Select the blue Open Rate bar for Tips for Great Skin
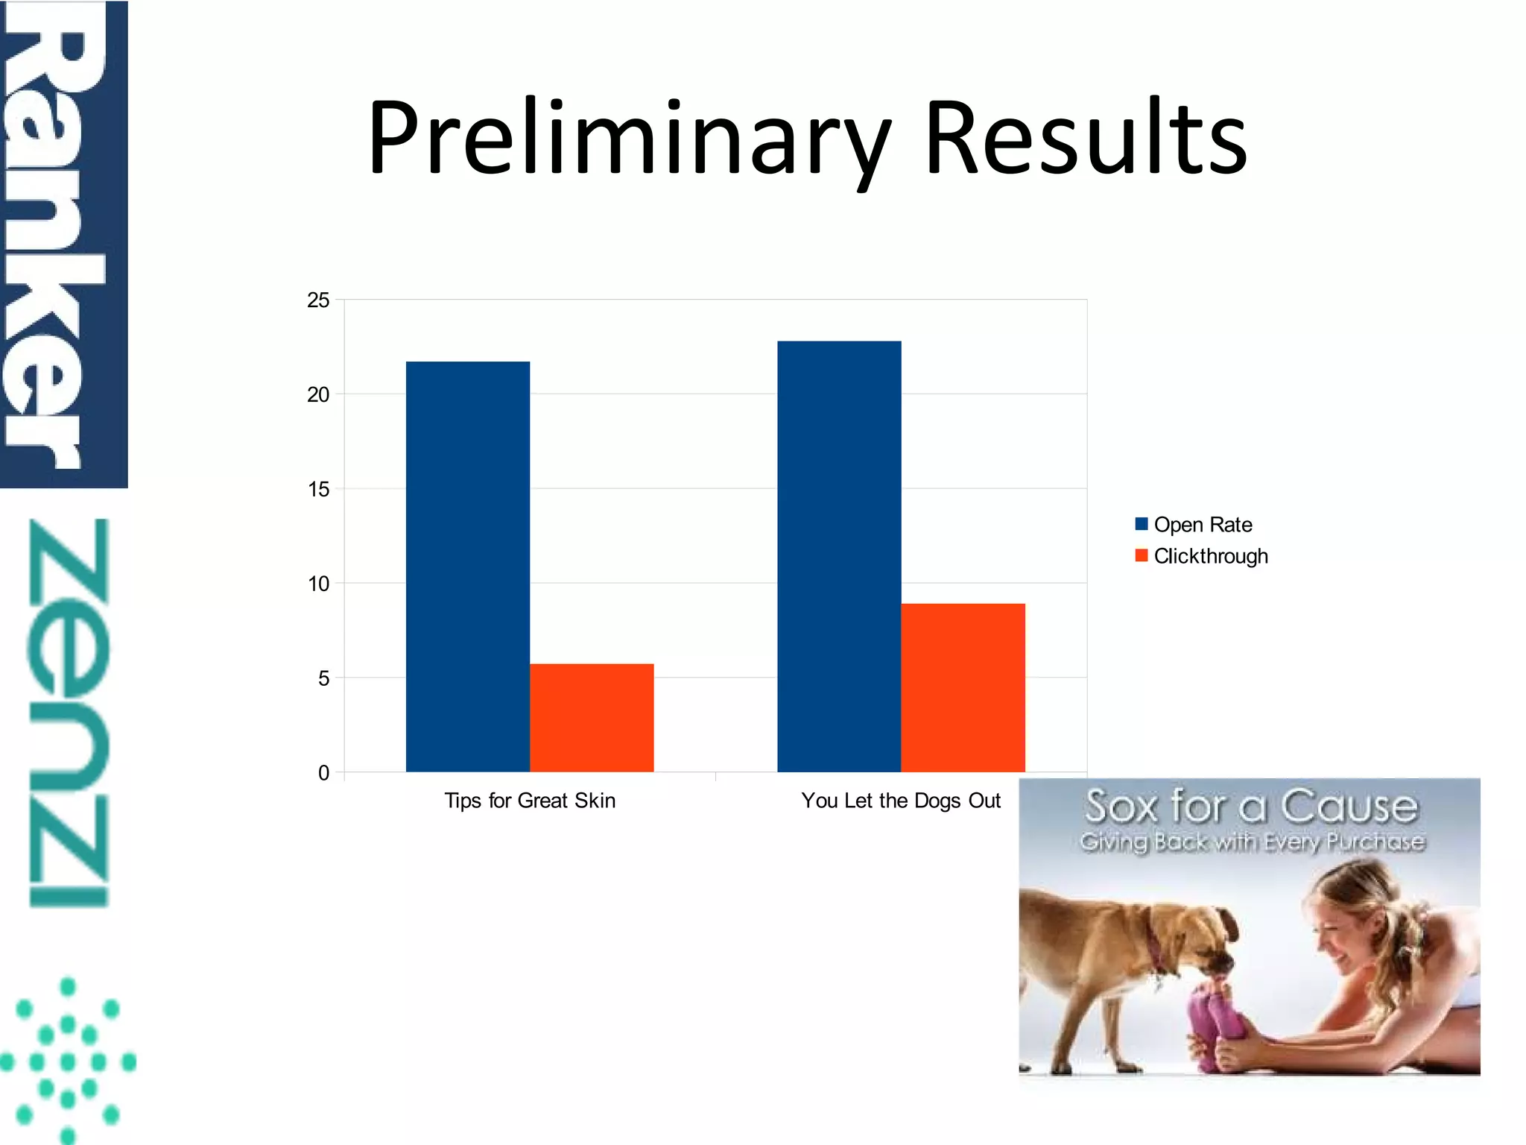tap(467, 567)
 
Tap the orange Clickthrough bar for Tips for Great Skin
tap(592, 717)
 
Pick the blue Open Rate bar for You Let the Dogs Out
tap(839, 556)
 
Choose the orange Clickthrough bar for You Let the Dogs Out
tap(963, 687)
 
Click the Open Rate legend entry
tap(1194, 525)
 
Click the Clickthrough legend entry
tap(1201, 556)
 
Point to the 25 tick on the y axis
tap(318, 300)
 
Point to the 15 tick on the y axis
tap(318, 490)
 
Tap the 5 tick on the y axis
tap(323, 678)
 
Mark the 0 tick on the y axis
tap(323, 773)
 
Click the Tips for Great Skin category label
tap(530, 801)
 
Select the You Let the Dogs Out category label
tap(900, 801)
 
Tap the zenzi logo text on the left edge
tap(69, 712)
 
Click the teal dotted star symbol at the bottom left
tap(68, 1060)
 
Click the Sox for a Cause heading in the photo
tap(1251, 807)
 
